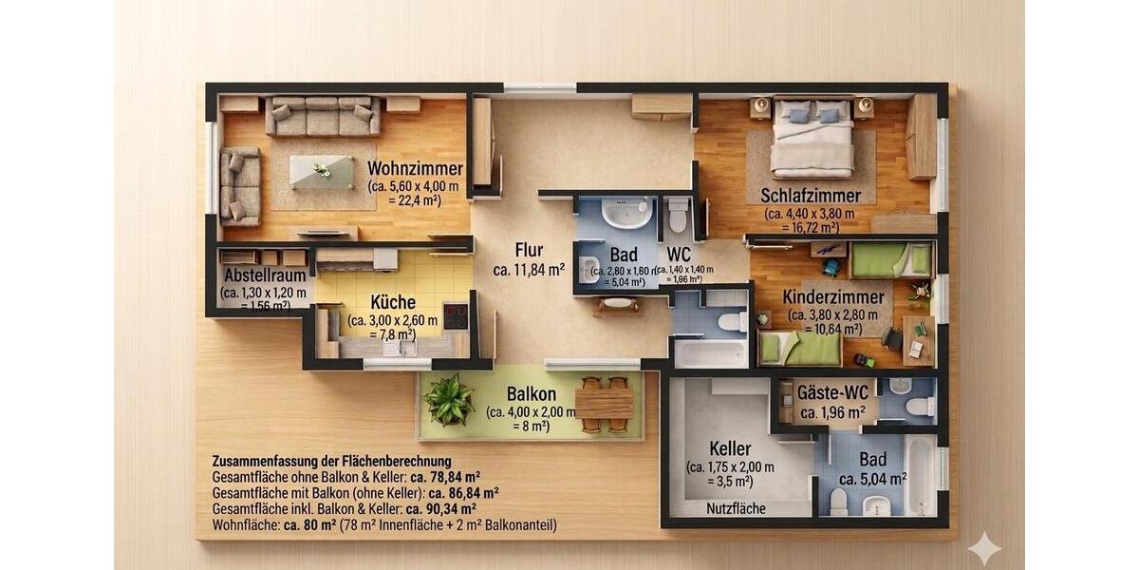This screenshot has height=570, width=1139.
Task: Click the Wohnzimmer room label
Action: coord(415,169)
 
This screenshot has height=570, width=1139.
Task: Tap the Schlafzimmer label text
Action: coord(810,196)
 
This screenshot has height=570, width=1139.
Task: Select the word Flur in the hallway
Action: coord(529,250)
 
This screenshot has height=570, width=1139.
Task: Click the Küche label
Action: coord(393,302)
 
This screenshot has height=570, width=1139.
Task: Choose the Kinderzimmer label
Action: coord(833,297)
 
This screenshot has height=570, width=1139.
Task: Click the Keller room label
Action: coord(730,448)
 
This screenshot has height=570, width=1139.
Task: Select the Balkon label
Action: coord(531,393)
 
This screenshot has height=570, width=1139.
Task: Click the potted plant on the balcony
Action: coord(449,401)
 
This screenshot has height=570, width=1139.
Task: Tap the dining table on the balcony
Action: coord(604,404)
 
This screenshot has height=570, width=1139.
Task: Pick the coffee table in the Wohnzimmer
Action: coord(321,172)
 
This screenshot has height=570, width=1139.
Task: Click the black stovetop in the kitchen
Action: coord(456,315)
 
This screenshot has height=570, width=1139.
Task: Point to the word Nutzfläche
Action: coord(736,509)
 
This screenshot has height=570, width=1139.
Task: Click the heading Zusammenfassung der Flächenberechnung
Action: coord(331,462)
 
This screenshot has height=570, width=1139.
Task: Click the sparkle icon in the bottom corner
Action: coord(983,548)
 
